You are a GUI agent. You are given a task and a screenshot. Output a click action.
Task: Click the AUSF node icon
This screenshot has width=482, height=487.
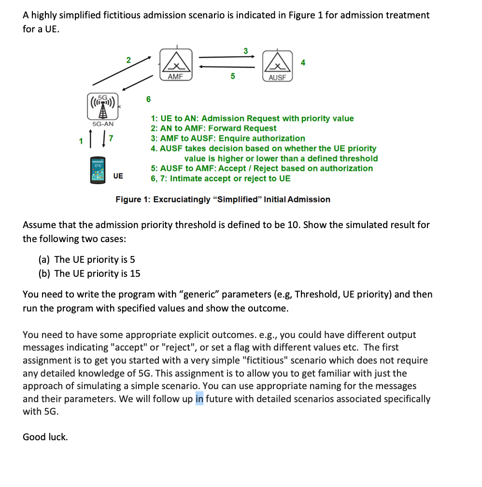(x=277, y=66)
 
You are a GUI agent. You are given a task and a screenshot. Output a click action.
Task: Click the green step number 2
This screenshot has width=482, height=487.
(x=128, y=60)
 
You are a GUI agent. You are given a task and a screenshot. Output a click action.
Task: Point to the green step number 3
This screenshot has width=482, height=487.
(x=245, y=51)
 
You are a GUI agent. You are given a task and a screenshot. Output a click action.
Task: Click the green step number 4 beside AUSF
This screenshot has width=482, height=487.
(x=303, y=62)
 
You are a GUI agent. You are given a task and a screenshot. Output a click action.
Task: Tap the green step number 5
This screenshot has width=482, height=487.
(x=233, y=76)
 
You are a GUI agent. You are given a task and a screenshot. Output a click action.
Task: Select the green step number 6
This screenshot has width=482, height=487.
(x=148, y=99)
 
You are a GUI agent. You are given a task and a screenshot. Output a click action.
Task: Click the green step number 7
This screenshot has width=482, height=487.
(x=111, y=139)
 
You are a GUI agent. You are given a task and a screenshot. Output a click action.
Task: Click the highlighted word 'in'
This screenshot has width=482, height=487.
(x=199, y=399)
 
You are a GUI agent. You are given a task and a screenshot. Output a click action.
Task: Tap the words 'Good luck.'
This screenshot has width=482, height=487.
(x=45, y=437)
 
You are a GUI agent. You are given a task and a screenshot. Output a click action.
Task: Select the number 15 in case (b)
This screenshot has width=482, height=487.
(x=135, y=273)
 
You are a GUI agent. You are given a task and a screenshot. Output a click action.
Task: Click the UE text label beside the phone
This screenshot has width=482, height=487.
(x=118, y=176)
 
